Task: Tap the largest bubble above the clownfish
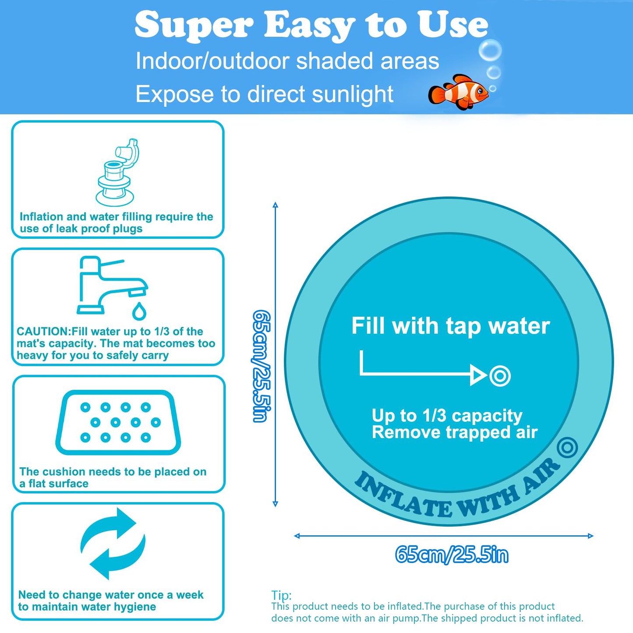click(x=490, y=50)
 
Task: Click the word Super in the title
click(x=194, y=25)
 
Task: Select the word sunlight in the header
click(x=346, y=94)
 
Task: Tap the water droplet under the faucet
click(x=139, y=311)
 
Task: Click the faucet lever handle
click(x=112, y=263)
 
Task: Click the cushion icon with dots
click(x=118, y=422)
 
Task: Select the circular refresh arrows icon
click(x=113, y=543)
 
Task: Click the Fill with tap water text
click(x=450, y=326)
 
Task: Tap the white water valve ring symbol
click(x=500, y=376)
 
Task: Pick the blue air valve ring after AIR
click(x=568, y=448)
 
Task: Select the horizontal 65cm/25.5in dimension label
click(x=451, y=555)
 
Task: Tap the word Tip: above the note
click(x=281, y=595)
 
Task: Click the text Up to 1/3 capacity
click(x=447, y=415)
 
